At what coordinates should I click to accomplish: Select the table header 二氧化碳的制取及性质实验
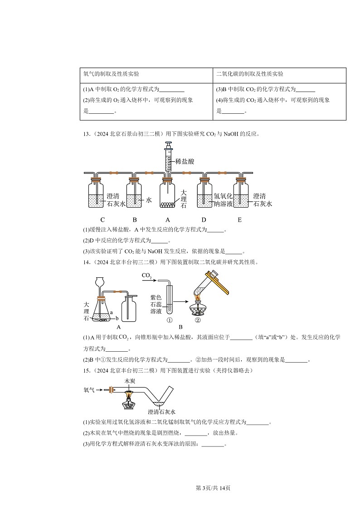[x=250, y=74]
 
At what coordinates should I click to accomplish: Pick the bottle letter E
[x=239, y=220]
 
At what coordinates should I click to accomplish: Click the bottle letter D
[x=204, y=220]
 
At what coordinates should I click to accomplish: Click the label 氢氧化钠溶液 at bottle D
[x=223, y=200]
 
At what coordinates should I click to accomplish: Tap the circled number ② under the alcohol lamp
[x=198, y=319]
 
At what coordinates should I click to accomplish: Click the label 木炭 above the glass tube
[x=130, y=382]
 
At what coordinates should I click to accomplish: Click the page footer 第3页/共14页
[x=213, y=488]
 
